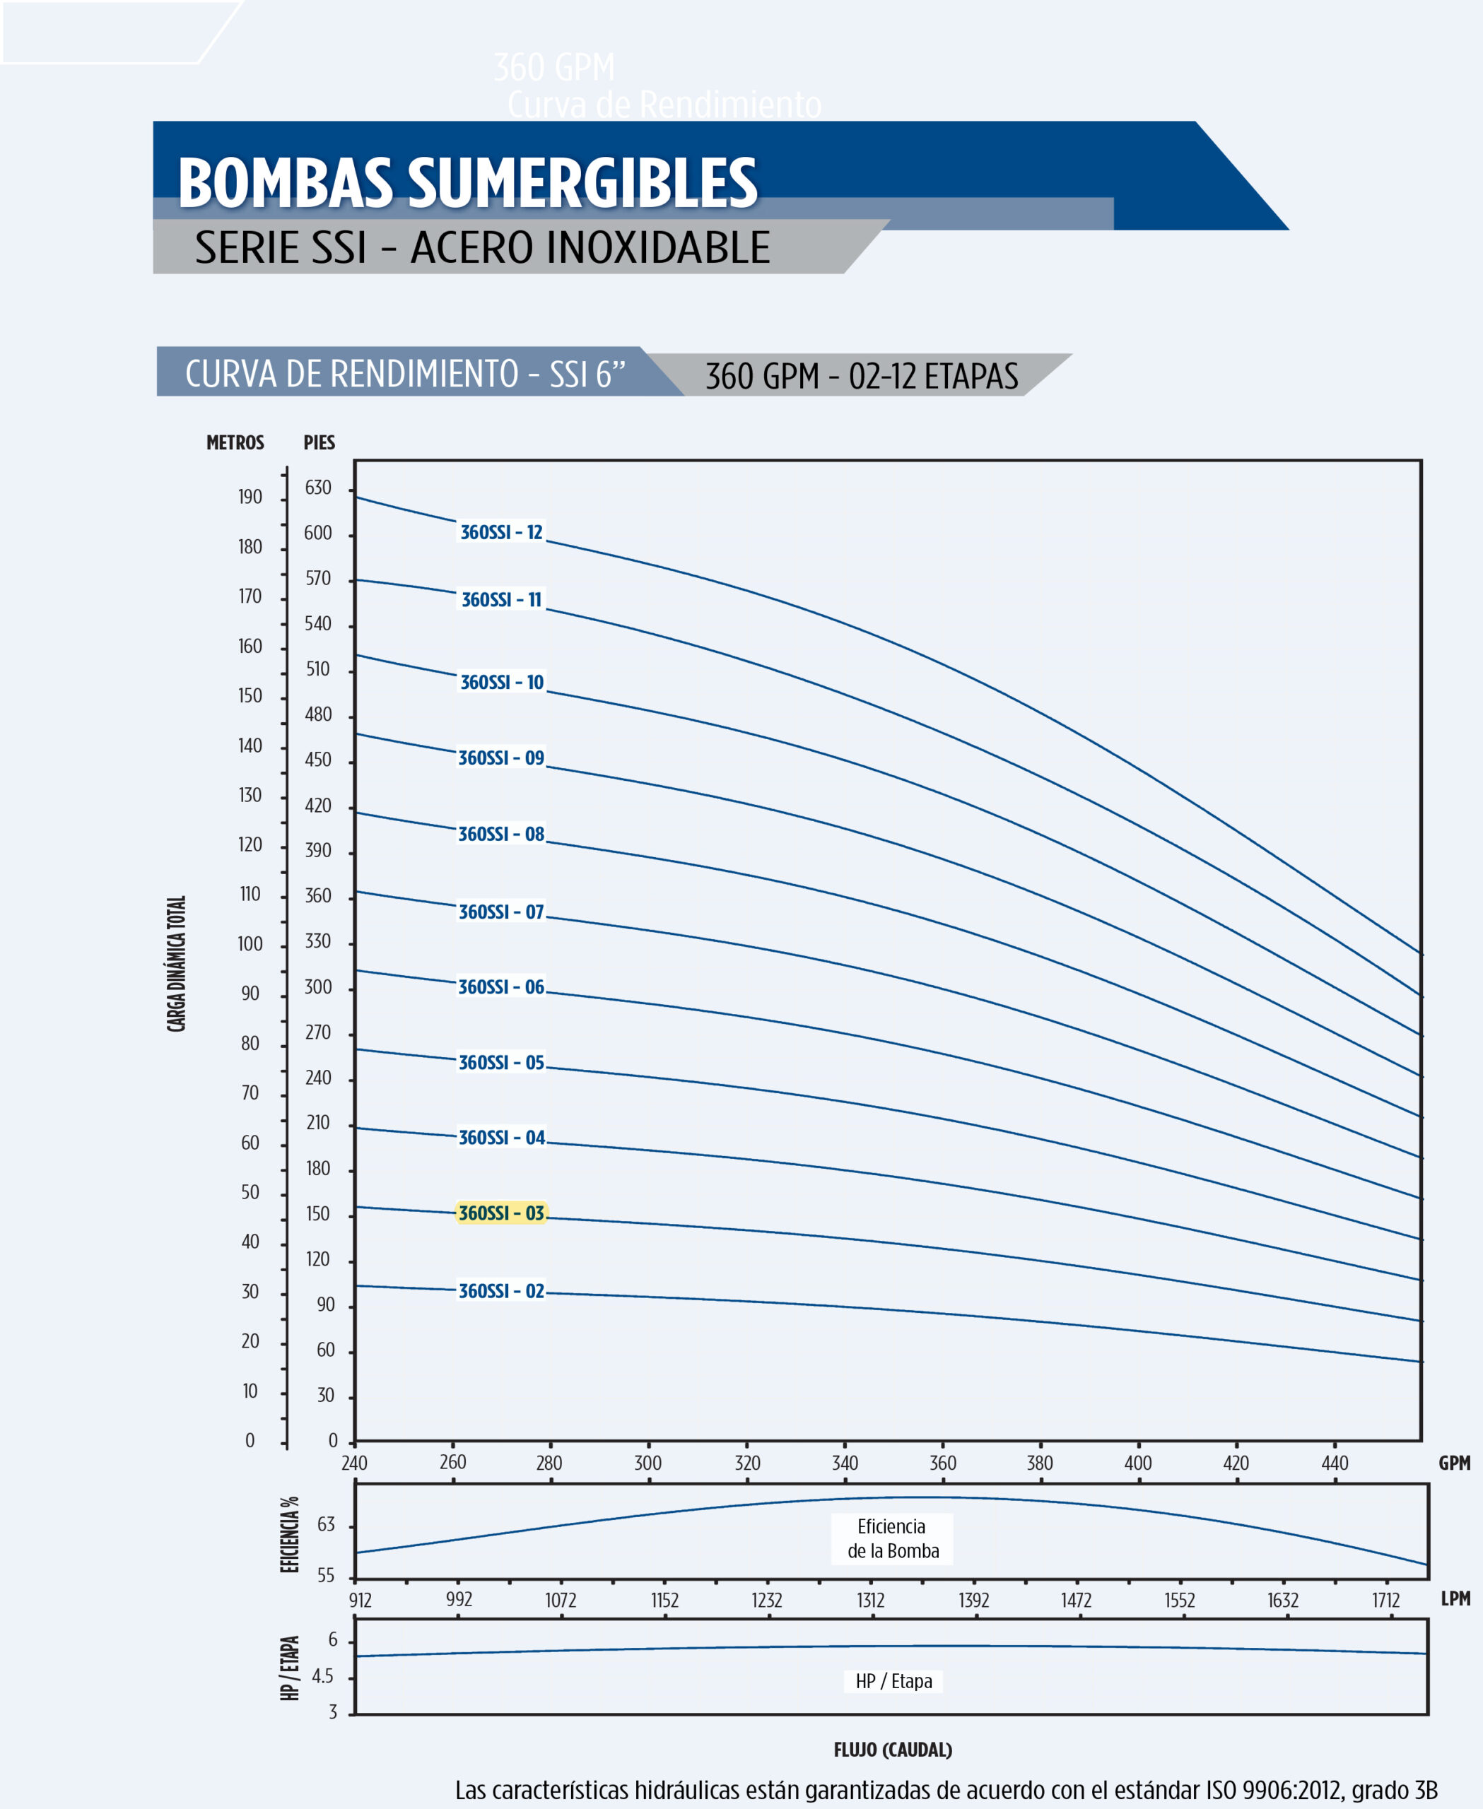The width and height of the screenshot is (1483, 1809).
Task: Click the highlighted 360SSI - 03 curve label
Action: (500, 1213)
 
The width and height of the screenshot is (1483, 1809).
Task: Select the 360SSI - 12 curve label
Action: (501, 532)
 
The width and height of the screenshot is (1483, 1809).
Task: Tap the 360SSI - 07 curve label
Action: (500, 912)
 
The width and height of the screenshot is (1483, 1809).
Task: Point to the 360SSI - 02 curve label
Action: (501, 1290)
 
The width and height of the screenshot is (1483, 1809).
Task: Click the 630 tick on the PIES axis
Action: (318, 488)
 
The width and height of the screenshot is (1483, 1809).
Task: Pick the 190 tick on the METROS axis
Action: (250, 497)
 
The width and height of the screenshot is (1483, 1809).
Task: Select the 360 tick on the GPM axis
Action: (942, 1463)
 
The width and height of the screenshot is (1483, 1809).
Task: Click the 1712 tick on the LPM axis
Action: (1385, 1601)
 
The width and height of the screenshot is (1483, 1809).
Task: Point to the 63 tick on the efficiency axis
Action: (325, 1525)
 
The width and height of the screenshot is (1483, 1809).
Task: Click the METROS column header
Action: (235, 442)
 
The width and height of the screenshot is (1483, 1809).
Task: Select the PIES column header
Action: (319, 442)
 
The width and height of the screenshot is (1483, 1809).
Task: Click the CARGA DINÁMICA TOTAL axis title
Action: (176, 963)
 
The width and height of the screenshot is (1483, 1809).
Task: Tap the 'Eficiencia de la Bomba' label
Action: (892, 1538)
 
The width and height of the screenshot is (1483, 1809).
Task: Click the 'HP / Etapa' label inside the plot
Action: (893, 1681)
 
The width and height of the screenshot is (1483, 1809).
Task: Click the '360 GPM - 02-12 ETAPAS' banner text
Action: (861, 376)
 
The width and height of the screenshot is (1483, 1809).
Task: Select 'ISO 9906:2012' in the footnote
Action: (1274, 1789)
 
